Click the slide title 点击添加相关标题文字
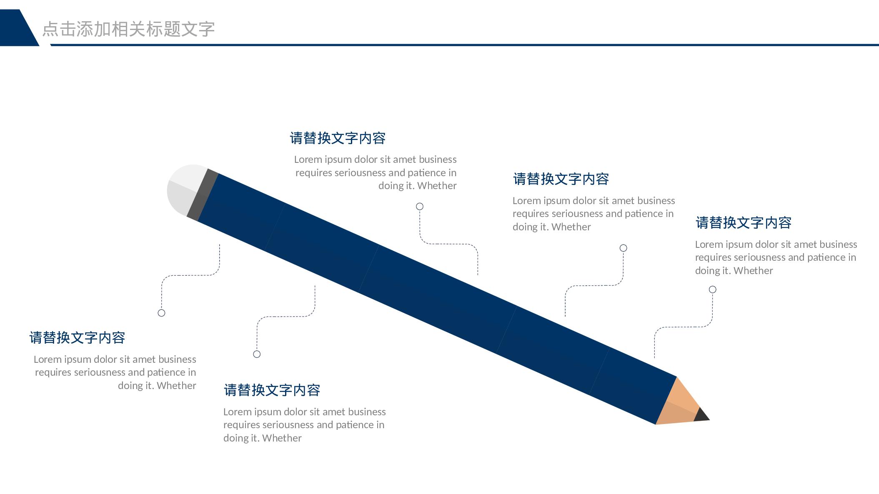click(x=128, y=29)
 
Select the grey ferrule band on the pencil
click(x=203, y=195)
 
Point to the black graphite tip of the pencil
click(x=702, y=415)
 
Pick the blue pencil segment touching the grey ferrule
click(x=241, y=212)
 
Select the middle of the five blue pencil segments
click(x=438, y=299)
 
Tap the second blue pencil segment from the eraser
click(x=322, y=248)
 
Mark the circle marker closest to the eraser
click(x=162, y=313)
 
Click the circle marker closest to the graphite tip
click(x=713, y=289)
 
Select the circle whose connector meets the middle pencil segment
click(x=420, y=207)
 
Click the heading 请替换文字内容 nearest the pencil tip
click(x=744, y=223)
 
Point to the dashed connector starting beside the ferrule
click(x=190, y=275)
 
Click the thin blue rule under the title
click(x=464, y=45)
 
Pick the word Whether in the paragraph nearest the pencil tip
click(x=753, y=271)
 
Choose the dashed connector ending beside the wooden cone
click(x=684, y=327)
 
